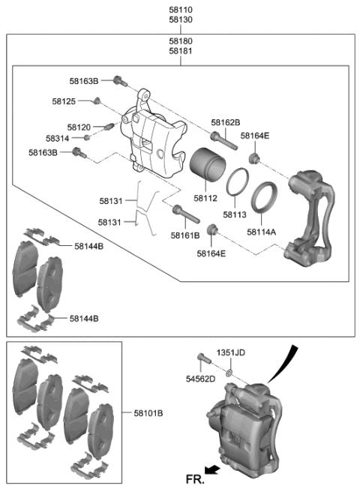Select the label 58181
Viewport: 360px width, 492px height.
click(181, 52)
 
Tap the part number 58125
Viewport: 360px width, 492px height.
click(64, 100)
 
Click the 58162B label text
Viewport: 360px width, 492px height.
click(225, 122)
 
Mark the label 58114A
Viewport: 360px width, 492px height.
click(262, 232)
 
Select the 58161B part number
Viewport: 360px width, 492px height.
click(185, 235)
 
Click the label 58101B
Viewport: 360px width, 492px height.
click(148, 413)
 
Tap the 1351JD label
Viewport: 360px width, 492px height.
click(231, 352)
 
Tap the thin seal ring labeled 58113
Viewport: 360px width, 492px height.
click(238, 183)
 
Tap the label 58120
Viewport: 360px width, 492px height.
click(79, 127)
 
